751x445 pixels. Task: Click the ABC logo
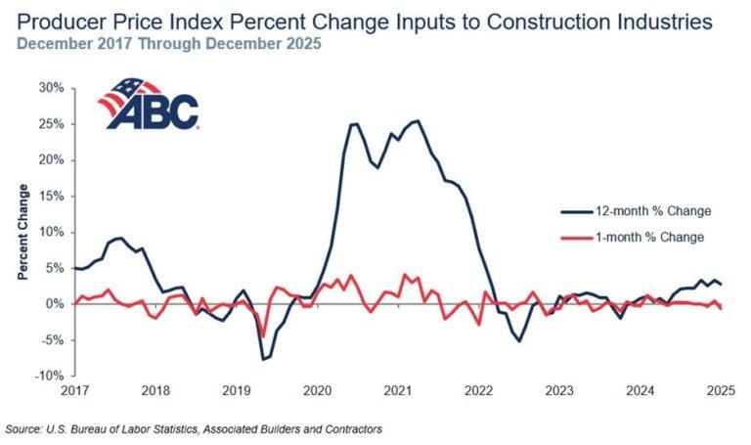click(149, 104)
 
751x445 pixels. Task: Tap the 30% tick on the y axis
click(52, 88)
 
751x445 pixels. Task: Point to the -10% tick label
click(50, 376)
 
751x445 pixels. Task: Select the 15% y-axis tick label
click(52, 196)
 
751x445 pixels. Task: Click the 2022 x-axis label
click(478, 391)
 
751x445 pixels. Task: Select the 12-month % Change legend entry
click(635, 210)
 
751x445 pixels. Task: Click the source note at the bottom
click(193, 428)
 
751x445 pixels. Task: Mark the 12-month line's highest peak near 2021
click(418, 121)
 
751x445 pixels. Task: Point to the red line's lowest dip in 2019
click(262, 336)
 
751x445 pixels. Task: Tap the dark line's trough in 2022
click(519, 340)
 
